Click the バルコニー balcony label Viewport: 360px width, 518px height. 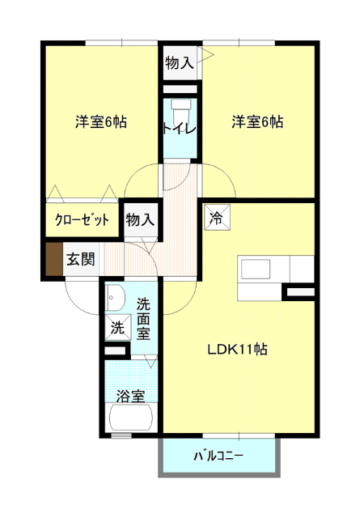218,456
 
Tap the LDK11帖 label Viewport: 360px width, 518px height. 237,349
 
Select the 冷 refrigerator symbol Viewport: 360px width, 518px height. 217,218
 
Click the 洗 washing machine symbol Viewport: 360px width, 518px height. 118,327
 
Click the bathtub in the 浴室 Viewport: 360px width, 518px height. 131,417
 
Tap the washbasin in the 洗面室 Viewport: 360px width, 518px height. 115,298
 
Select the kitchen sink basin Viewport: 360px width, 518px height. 256,270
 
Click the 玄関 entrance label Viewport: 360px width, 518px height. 81,259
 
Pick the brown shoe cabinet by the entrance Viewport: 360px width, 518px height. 54,259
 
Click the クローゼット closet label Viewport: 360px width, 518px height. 82,219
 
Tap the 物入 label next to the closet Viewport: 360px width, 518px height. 140,219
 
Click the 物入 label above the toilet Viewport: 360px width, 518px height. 179,63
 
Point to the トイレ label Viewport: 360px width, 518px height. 180,129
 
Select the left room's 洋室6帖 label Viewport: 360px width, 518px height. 101,122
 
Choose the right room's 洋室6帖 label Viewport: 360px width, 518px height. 257,122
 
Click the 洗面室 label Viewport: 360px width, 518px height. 144,319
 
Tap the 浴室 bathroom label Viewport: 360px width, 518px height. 131,396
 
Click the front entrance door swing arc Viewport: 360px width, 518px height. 75,304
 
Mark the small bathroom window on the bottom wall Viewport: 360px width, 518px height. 121,435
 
